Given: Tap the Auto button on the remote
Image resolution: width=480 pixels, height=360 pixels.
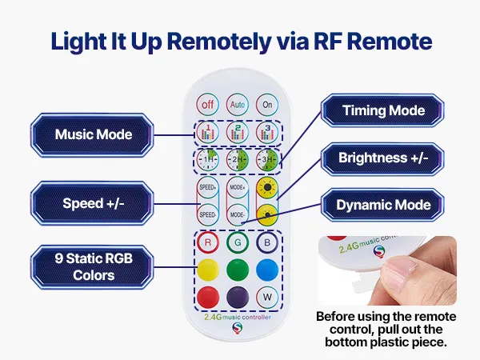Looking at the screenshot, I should (x=237, y=104).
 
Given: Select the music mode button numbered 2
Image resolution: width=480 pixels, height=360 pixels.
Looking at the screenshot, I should (x=237, y=132).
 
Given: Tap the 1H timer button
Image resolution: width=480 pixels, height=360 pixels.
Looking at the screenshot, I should (x=208, y=159).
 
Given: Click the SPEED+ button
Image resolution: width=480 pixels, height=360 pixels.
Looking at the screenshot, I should (x=208, y=190).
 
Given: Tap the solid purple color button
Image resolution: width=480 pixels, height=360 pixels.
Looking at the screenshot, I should (x=237, y=298).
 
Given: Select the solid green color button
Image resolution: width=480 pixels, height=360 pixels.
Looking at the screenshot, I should (x=237, y=270).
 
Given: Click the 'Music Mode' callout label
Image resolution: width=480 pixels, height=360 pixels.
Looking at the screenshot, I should (x=94, y=134).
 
